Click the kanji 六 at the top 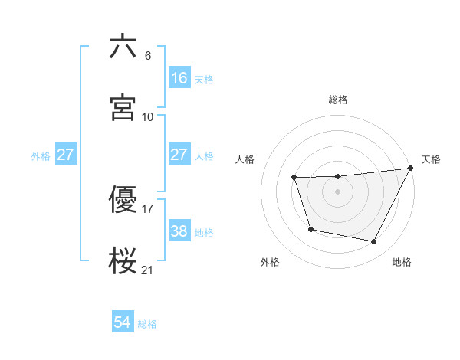pyautogui.click(x=123, y=47)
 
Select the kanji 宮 pyautogui.click(x=123, y=107)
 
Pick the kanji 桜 pyautogui.click(x=123, y=260)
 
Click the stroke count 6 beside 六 pyautogui.click(x=147, y=56)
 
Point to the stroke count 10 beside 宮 pyautogui.click(x=148, y=116)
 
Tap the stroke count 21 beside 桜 pyautogui.click(x=148, y=270)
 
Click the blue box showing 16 pyautogui.click(x=179, y=78)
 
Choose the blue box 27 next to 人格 pyautogui.click(x=179, y=155)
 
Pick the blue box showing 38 pyautogui.click(x=179, y=231)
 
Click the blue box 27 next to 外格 pyautogui.click(x=66, y=155)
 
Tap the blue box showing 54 pyautogui.click(x=123, y=323)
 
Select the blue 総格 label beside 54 pyautogui.click(x=147, y=324)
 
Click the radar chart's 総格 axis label pyautogui.click(x=338, y=100)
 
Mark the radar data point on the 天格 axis pyautogui.click(x=411, y=169)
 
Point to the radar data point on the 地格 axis pyautogui.click(x=374, y=242)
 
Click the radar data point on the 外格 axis pyautogui.click(x=310, y=229)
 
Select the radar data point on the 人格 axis pyautogui.click(x=294, y=178)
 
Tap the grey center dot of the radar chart pyautogui.click(x=338, y=191)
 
